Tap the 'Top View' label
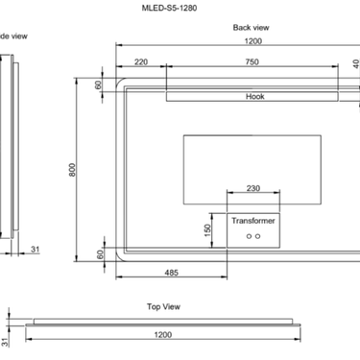(x=163, y=306)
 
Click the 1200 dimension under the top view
(x=162, y=336)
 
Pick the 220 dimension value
(x=141, y=62)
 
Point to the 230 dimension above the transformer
(x=253, y=189)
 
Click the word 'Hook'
(x=254, y=97)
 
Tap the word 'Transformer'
(x=254, y=221)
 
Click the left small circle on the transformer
(x=249, y=236)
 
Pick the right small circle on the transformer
(x=258, y=236)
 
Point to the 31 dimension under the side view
(x=35, y=251)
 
